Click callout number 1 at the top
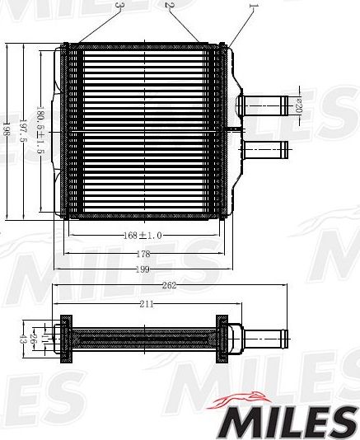point(253,8)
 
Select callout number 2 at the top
point(169,6)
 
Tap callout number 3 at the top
point(119,6)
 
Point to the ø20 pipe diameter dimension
point(300,105)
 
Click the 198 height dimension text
point(7,129)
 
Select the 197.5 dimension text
point(22,129)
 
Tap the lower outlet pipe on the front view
point(265,150)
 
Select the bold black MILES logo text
point(283,422)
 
